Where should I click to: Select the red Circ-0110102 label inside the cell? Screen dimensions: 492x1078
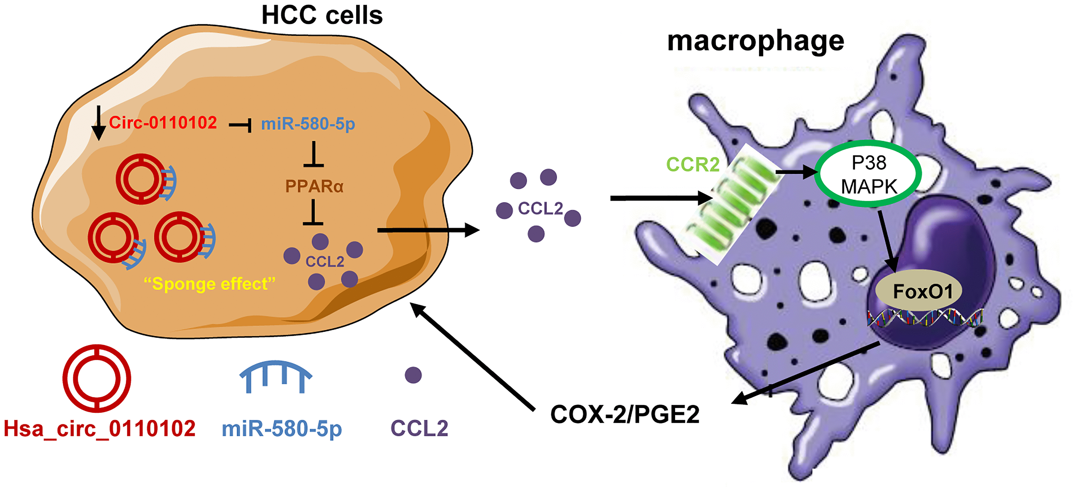pyautogui.click(x=163, y=123)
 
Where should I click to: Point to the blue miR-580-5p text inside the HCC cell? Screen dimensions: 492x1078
pyautogui.click(x=308, y=124)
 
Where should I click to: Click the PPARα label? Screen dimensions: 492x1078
pyautogui.click(x=314, y=186)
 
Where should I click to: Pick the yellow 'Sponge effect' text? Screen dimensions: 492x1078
pyautogui.click(x=209, y=284)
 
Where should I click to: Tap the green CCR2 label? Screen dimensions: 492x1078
pyautogui.click(x=693, y=164)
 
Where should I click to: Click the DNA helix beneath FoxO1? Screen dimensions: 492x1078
pyautogui.click(x=925, y=318)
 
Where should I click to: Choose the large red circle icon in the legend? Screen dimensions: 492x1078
pyautogui.click(x=97, y=378)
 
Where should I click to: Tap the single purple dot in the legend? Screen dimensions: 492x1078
pyautogui.click(x=413, y=375)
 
